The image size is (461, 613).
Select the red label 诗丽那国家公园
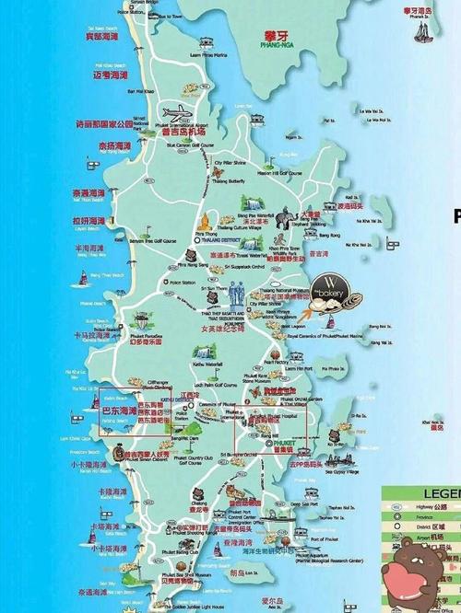point(111,122)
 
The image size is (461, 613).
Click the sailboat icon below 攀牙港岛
point(422,31)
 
